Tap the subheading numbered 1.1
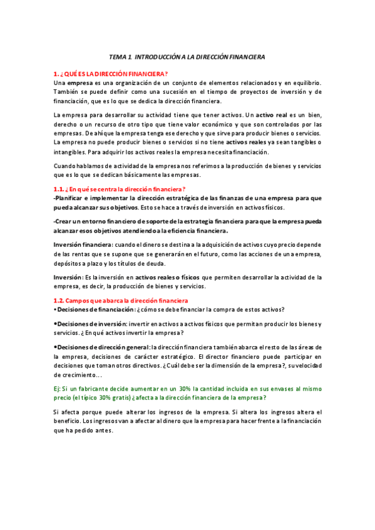coord(120,189)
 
